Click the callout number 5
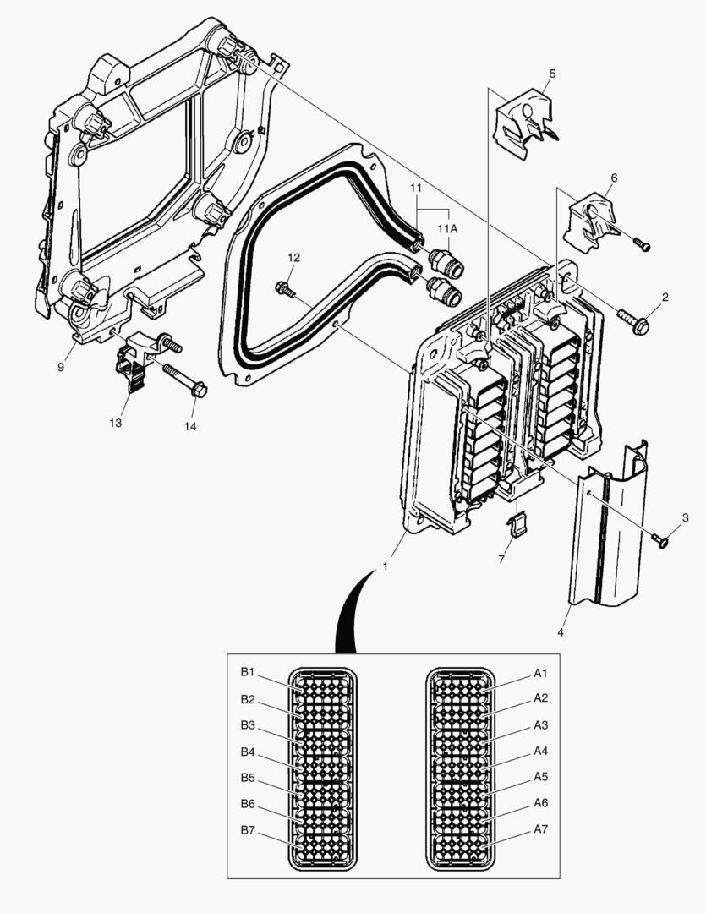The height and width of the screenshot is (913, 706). pos(551,74)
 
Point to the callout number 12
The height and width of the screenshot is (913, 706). pos(293,257)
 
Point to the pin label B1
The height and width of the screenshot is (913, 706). pos(247,673)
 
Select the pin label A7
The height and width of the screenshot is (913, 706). pos(541,829)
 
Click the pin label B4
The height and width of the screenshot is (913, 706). pos(247,752)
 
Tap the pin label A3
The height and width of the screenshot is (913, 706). pos(541,725)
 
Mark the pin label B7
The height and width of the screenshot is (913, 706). pos(247,830)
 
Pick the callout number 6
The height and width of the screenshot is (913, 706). pos(614,178)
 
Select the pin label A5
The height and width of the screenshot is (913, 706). pos(541,777)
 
